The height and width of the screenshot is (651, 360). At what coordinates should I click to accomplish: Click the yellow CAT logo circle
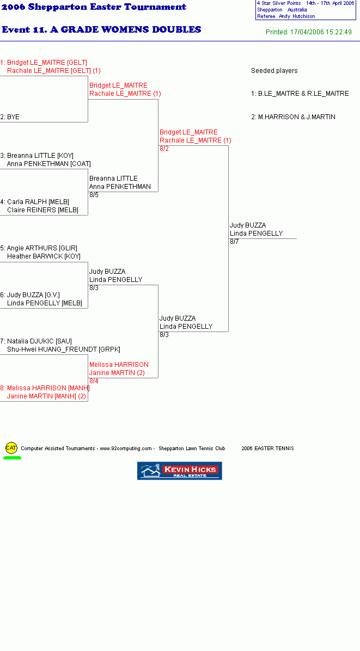coord(11,448)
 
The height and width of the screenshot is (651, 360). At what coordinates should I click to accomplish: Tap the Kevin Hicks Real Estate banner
coord(179,471)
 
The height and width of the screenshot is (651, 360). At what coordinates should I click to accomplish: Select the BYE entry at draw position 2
coord(10,117)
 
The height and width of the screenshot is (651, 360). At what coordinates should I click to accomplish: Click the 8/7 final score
coord(234,242)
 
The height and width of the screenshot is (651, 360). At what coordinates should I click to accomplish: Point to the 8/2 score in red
coord(164,149)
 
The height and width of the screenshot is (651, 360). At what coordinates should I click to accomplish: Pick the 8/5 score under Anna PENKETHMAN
coord(94,195)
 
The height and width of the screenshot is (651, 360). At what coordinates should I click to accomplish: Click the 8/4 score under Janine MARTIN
coord(94,380)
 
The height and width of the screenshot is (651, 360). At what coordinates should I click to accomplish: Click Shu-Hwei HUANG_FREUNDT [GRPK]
coord(64,349)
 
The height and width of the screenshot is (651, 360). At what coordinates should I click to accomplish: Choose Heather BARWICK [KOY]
coord(44,256)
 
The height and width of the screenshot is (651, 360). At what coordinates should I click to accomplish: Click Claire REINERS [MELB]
coord(43,210)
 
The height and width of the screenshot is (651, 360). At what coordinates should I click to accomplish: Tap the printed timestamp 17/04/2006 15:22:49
coord(321,32)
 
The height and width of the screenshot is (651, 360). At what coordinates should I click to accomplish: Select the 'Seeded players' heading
coord(274,71)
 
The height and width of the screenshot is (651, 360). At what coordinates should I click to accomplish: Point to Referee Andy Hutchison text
coord(286,16)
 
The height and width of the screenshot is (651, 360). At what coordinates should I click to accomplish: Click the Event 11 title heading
coord(101,29)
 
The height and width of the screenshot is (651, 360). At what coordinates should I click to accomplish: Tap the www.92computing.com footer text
coord(126,449)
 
